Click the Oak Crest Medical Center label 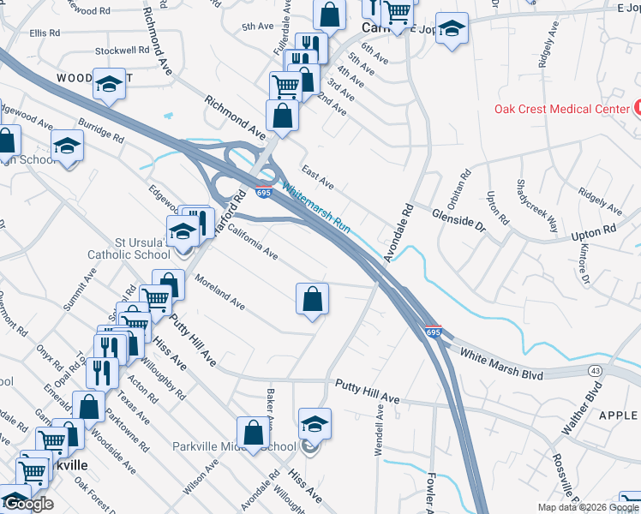tap(562, 108)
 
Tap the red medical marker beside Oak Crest tap(638, 108)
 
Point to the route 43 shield tap(596, 369)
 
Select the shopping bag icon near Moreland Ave tap(313, 299)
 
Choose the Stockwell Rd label tap(123, 51)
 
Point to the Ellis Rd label tap(45, 33)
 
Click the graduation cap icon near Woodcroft tap(109, 83)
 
